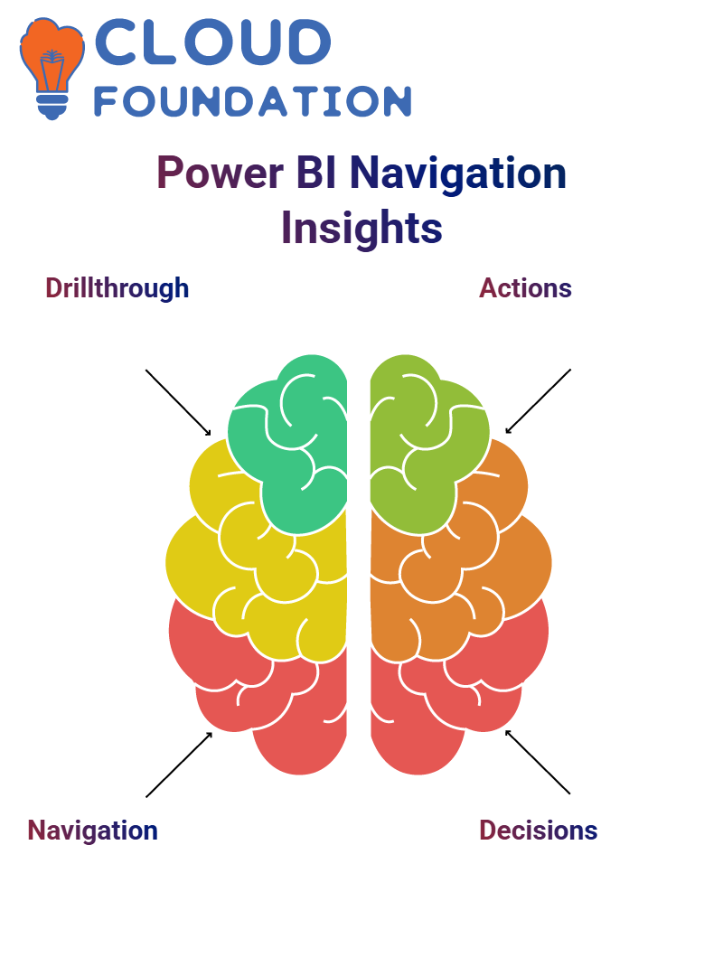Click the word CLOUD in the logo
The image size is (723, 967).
coord(212,42)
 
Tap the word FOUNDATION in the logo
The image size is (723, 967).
coord(252,101)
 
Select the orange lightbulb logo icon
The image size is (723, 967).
coord(52,68)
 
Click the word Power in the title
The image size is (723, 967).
coord(221,173)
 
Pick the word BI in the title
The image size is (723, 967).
coord(316,173)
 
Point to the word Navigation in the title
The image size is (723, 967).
coord(457,174)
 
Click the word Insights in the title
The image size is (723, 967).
coord(361,228)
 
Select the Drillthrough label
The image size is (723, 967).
coord(117,288)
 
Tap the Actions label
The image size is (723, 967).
coord(526,288)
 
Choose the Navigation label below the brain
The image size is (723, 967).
coord(92,831)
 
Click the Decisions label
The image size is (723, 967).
coord(539,831)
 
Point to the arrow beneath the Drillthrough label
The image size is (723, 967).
coord(178,403)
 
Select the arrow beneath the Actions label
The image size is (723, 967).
coord(538,401)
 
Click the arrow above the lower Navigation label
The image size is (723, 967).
coord(179,765)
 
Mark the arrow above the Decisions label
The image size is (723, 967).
coord(538,762)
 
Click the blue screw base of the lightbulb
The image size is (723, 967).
coord(52,108)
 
